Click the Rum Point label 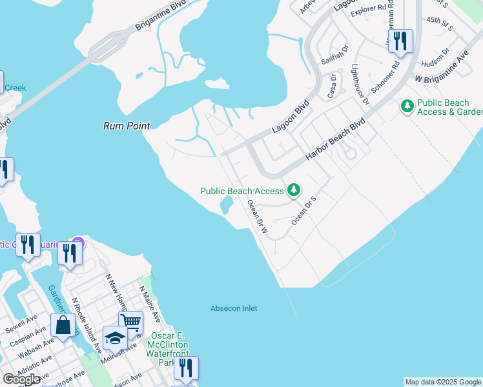pyautogui.click(x=127, y=126)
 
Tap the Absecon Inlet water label pyautogui.click(x=234, y=308)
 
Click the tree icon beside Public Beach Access pyautogui.click(x=294, y=190)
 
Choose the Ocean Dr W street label pyautogui.click(x=258, y=216)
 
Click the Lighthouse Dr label pyautogui.click(x=359, y=84)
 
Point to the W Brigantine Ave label pyautogui.click(x=442, y=67)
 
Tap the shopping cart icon pyautogui.click(x=130, y=321)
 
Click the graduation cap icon pyautogui.click(x=115, y=337)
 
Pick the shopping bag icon pyautogui.click(x=64, y=325)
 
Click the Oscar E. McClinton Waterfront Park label pyautogui.click(x=167, y=349)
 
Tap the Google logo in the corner pyautogui.click(x=21, y=379)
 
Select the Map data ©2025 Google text pyautogui.click(x=443, y=382)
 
